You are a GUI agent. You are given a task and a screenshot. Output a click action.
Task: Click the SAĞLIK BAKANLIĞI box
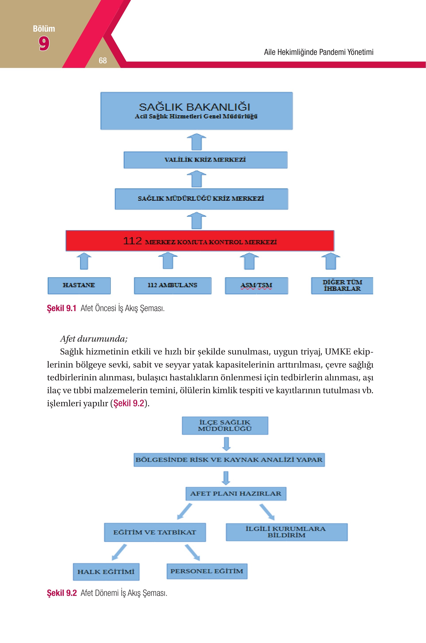click(196, 111)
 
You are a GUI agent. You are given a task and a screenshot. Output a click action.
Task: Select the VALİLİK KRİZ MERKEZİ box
click(205, 160)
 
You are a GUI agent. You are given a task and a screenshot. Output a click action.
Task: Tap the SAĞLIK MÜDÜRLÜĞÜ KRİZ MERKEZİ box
click(201, 199)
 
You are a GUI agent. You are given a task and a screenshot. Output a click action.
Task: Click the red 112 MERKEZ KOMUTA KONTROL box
click(200, 241)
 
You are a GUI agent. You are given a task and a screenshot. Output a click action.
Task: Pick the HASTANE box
click(79, 286)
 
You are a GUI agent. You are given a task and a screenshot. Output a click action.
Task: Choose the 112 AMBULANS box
click(173, 286)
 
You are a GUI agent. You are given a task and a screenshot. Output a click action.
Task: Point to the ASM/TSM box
click(257, 286)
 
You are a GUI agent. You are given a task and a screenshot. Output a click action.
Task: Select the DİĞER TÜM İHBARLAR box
click(342, 286)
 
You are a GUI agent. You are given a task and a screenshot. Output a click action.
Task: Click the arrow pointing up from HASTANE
click(84, 261)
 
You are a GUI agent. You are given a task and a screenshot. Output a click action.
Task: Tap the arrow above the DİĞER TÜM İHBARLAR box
click(331, 261)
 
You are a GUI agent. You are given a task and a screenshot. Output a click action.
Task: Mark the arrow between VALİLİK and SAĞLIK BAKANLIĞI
click(196, 142)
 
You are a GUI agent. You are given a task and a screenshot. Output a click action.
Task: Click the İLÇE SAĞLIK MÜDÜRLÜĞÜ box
click(225, 425)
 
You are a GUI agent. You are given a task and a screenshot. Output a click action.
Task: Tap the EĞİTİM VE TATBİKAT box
click(155, 532)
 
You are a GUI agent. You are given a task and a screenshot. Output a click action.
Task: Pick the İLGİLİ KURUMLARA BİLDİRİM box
click(287, 532)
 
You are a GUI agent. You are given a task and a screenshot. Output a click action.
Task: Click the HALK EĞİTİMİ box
click(106, 572)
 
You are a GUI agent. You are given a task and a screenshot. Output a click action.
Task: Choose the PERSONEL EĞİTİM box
click(207, 571)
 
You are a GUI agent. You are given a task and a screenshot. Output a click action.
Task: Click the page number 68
click(103, 60)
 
